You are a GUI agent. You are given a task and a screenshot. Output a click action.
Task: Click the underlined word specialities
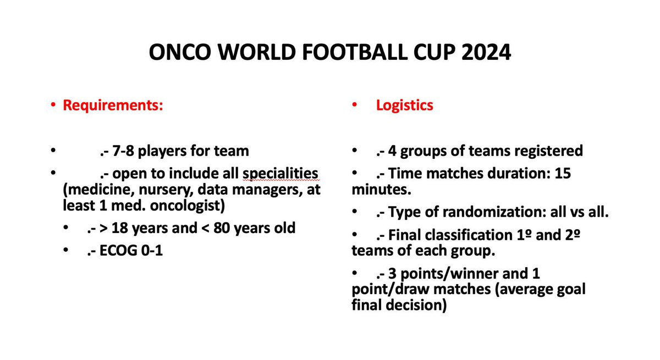(280, 174)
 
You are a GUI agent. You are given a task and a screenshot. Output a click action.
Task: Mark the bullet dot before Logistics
(356, 106)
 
